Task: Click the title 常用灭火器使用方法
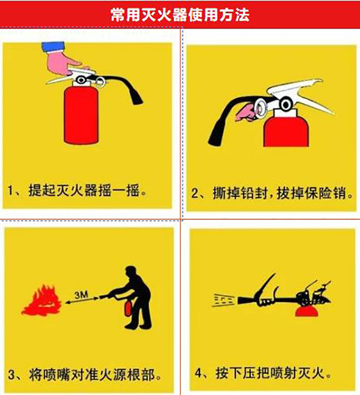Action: tap(180, 15)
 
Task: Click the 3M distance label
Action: tap(81, 294)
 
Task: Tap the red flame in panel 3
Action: tap(42, 300)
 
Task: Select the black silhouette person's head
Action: tap(131, 273)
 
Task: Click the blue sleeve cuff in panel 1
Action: tap(53, 47)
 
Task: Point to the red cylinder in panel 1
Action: tap(81, 115)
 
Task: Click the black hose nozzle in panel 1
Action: tap(137, 97)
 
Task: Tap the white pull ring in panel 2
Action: tap(260, 109)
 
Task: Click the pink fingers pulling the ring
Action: tap(245, 113)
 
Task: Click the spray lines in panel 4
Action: tap(224, 300)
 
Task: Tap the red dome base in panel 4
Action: tap(307, 311)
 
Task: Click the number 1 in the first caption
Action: tap(10, 190)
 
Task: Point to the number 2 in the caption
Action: tap(195, 193)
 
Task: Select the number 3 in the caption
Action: tap(12, 374)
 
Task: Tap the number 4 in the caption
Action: tap(199, 373)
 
